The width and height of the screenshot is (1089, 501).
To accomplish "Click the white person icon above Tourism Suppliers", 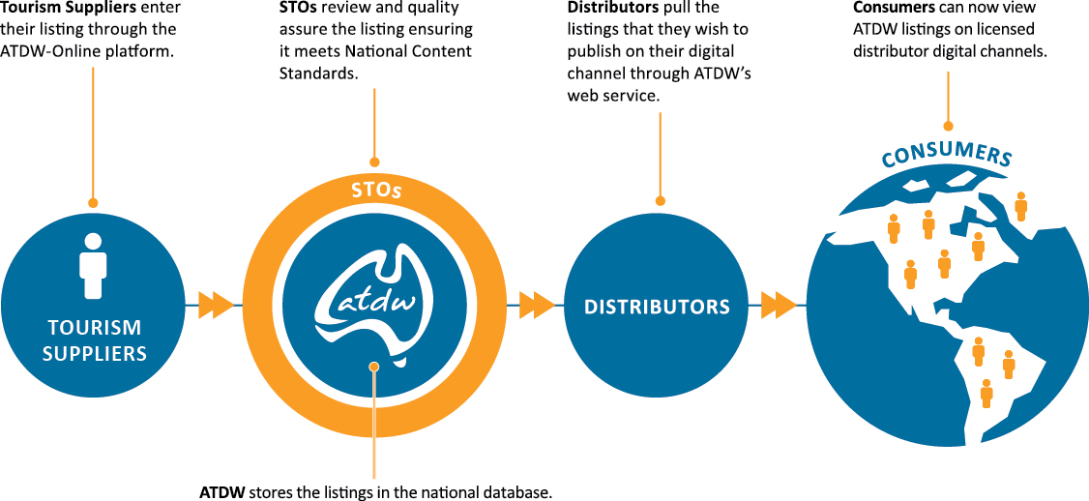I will (93, 264).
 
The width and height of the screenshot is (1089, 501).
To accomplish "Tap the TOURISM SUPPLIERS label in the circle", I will (94, 340).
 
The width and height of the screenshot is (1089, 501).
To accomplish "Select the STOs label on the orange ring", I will (375, 190).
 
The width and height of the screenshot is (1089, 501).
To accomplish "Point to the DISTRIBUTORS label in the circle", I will (657, 308).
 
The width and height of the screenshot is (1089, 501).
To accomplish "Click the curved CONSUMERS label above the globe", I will (947, 155).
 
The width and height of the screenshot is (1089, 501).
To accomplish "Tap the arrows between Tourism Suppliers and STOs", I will (216, 306).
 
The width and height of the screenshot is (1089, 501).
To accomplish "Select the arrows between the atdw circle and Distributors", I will (537, 306).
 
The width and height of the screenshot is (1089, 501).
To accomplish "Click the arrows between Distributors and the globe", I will (779, 306).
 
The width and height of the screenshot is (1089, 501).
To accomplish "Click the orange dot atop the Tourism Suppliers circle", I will (93, 203).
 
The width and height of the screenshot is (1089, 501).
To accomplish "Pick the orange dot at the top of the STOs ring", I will (375, 162).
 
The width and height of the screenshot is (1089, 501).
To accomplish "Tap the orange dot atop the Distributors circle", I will (661, 201).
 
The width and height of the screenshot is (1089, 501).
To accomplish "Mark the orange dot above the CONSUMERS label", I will (948, 126).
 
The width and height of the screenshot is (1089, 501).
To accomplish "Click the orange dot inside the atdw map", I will (374, 367).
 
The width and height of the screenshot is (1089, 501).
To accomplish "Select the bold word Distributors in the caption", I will (613, 8).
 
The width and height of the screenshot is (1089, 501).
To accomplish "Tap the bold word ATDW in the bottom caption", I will (221, 492).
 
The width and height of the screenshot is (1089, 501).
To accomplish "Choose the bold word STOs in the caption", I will (297, 8).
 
